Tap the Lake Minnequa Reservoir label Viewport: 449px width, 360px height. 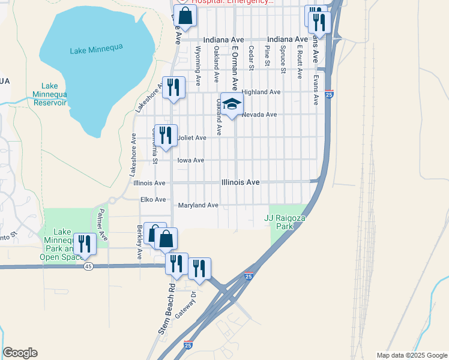point(50,94)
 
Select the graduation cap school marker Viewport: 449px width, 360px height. point(232,104)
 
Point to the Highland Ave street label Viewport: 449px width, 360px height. point(261,92)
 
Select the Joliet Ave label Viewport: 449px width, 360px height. point(192,138)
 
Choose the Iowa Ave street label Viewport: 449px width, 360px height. point(191,160)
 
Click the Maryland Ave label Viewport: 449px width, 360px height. point(198,205)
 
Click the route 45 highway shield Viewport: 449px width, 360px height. point(88,266)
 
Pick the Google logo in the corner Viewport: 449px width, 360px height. point(20,353)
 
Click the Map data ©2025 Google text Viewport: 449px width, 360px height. point(411,355)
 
